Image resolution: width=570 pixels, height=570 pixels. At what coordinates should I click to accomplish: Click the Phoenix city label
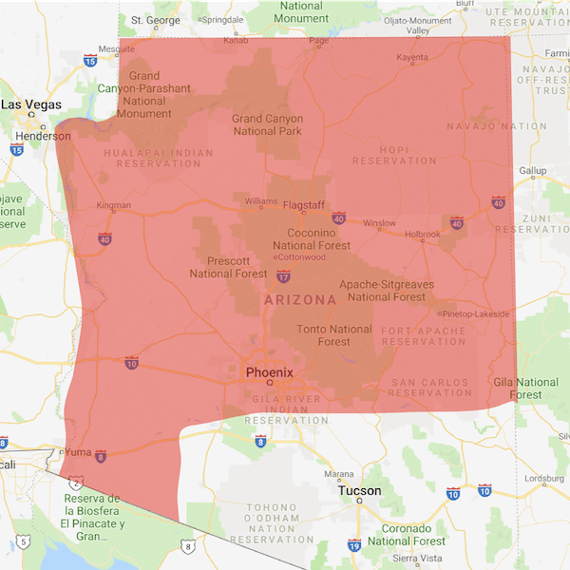270,372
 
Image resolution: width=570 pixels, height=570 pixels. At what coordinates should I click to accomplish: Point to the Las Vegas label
32,104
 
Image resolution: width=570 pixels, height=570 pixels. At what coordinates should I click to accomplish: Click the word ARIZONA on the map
299,300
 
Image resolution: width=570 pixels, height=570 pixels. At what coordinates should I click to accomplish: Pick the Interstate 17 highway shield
284,276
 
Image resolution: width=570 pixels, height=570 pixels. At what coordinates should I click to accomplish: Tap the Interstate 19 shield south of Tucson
353,545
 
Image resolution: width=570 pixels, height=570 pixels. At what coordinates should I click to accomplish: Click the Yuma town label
79,451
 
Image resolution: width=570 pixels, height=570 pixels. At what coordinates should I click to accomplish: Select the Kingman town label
114,205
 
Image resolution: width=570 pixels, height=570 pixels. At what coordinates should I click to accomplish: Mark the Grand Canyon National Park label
267,124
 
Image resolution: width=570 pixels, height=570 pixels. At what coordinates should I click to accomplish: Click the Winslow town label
379,223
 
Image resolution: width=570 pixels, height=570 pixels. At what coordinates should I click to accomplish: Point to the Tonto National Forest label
333,335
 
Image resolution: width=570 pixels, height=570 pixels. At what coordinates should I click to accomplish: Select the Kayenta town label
412,58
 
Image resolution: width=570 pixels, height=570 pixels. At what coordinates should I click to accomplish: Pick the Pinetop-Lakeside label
476,313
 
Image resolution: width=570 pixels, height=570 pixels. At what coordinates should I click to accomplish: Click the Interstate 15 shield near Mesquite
90,61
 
